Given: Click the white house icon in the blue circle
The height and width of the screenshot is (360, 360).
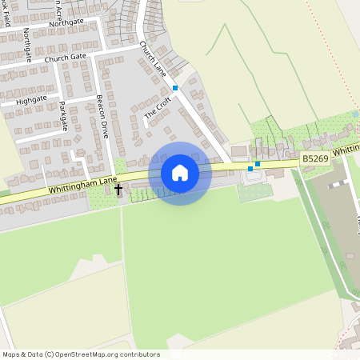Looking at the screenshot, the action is point(180,173).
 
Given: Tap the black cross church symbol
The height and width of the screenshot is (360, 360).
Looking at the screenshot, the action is point(119,190).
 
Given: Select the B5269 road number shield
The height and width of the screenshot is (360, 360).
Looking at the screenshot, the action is point(314,161).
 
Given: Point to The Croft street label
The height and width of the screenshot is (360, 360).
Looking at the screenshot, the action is point(158,109).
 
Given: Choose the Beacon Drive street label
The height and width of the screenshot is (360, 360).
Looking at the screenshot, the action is point(102,117).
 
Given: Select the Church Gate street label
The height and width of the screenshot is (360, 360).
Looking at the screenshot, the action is point(66,58).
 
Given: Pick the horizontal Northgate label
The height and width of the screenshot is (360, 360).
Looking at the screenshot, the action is point(66,23).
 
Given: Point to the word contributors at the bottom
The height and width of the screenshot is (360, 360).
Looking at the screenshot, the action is point(142,354).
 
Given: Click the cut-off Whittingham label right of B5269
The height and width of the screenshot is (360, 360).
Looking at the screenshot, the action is point(345,150).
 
